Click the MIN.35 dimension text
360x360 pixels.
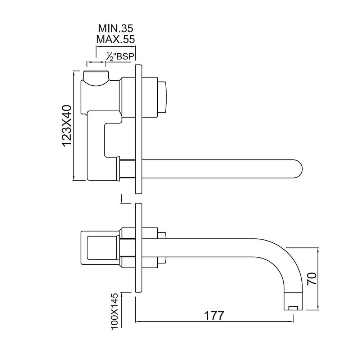tap(116, 28)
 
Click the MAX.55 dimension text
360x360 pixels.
tap(116, 39)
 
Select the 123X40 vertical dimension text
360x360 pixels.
tap(67, 126)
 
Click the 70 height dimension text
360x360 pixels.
tap(312, 279)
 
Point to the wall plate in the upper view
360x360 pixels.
tap(139, 130)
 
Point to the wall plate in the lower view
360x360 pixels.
tap(139, 248)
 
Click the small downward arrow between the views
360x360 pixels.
tap(122, 198)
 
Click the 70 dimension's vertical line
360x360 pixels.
tap(318, 279)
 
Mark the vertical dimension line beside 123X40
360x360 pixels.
tap(74, 126)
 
